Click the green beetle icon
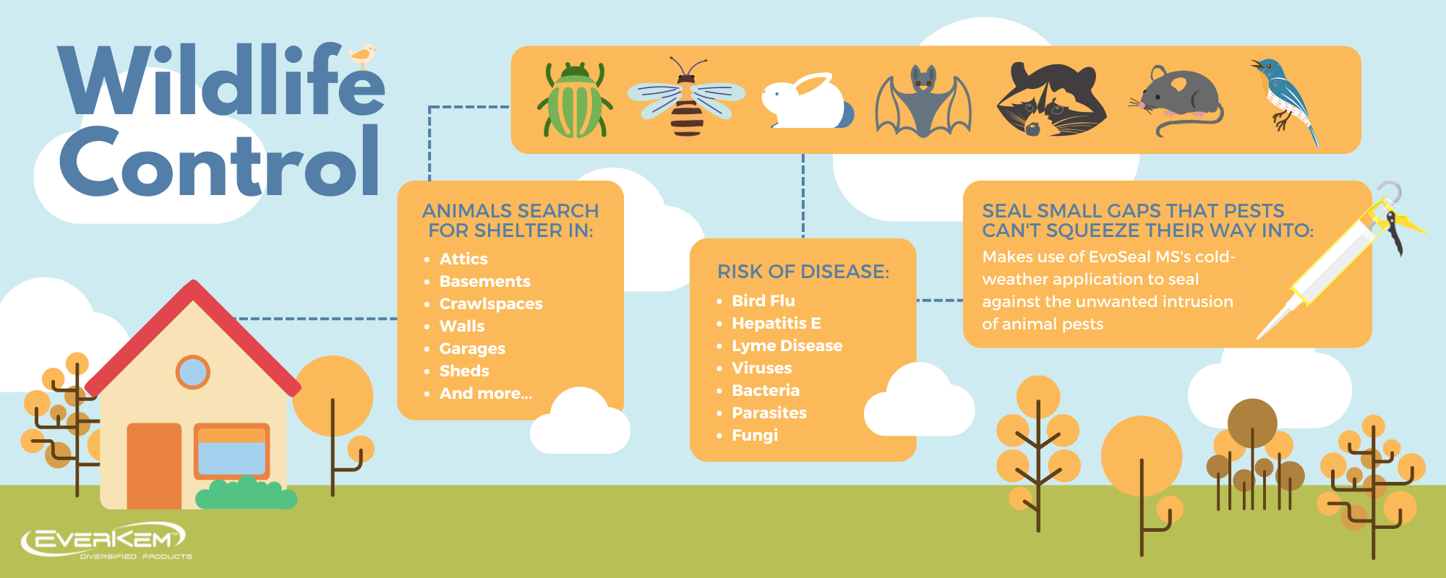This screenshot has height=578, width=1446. coord(575,100)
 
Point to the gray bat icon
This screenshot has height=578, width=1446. coord(923,101)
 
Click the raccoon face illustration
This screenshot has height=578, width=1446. coord(1051,99)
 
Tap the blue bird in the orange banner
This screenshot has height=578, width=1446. coord(1286,101)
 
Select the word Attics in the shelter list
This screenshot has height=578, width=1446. coord(463,259)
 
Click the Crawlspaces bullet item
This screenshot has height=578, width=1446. coord(491,303)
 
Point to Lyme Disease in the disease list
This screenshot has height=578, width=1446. coord(787,345)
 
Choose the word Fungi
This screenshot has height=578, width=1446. coord(755,435)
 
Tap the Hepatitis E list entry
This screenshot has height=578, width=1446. coord(777,323)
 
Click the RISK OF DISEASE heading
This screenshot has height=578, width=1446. coord(803,272)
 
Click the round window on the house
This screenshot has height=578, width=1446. coord(193,372)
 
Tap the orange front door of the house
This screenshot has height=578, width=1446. coord(154,466)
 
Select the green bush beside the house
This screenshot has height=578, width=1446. coord(246,493)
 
